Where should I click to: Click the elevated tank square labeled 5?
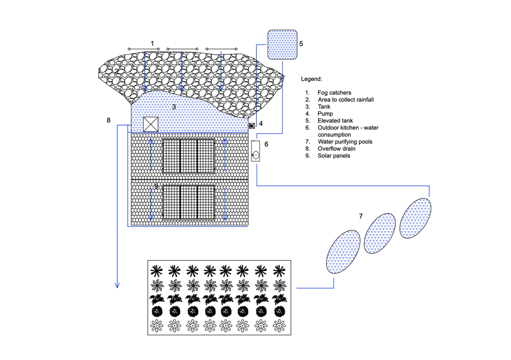(282, 45)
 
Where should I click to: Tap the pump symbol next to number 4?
(252, 126)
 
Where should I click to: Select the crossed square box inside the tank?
(150, 124)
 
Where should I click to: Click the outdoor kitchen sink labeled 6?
(255, 151)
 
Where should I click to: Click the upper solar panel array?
(189, 156)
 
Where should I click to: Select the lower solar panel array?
(189, 202)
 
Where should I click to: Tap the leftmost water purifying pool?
(343, 252)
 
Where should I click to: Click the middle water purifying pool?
(380, 233)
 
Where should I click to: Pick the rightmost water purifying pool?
(415, 218)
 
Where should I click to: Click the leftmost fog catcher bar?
(144, 49)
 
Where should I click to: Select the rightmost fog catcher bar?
(222, 49)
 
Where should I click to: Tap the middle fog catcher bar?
(182, 49)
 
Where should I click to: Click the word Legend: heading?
(311, 79)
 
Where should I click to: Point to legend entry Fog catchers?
(334, 93)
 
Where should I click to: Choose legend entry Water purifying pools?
(345, 141)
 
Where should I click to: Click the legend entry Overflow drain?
(336, 149)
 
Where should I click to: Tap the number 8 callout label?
(109, 120)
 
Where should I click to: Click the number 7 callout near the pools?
(361, 216)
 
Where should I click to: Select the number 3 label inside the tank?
(174, 107)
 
